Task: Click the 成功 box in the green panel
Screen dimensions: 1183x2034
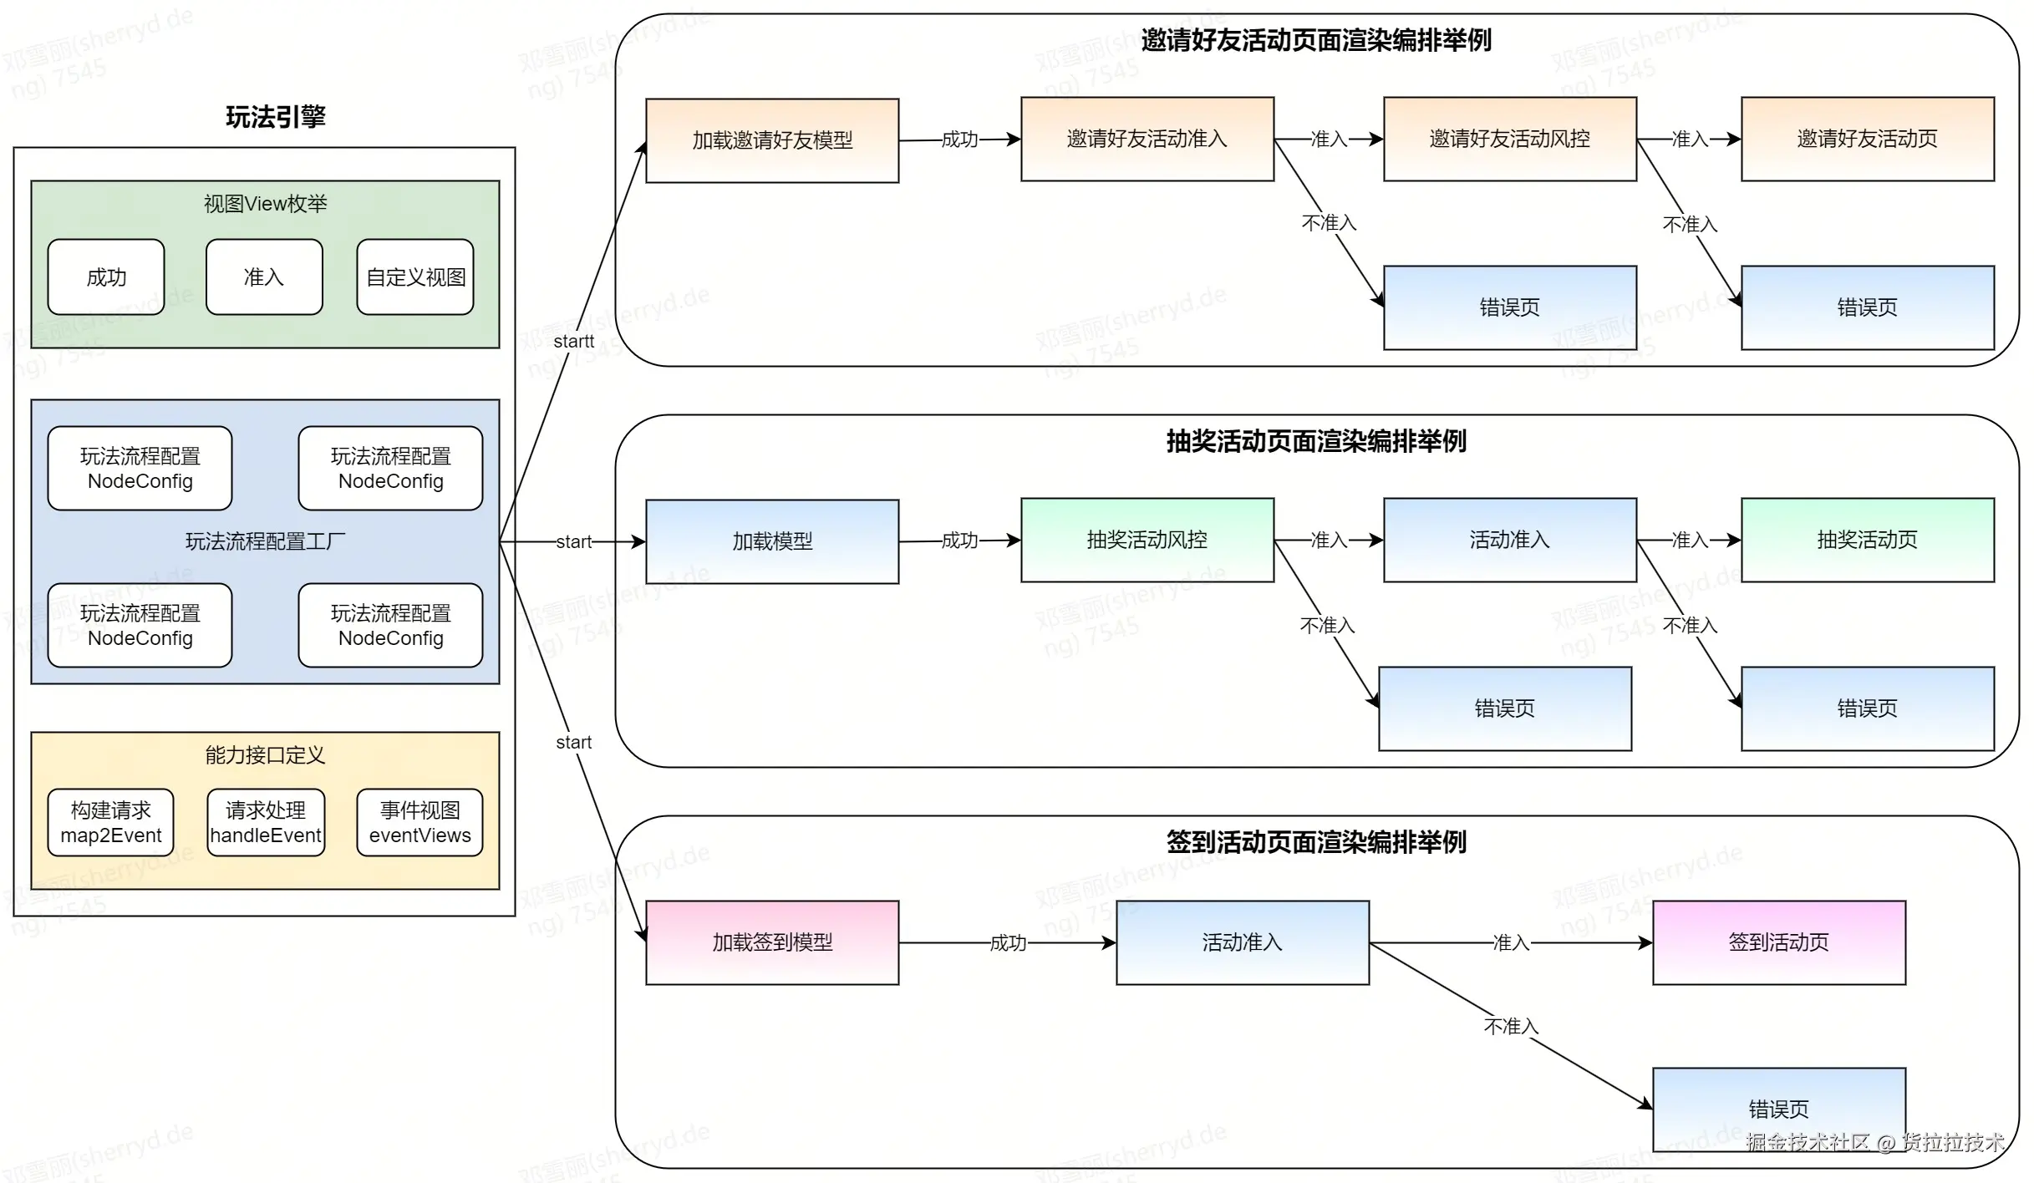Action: [x=106, y=277]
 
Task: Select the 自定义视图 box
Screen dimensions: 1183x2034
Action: [x=415, y=277]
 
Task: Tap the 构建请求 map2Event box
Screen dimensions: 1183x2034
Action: [x=111, y=823]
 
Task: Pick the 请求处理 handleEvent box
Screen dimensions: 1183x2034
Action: [x=266, y=823]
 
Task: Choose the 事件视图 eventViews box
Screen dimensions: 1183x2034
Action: [x=420, y=823]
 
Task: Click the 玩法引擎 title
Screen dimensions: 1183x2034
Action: [x=276, y=117]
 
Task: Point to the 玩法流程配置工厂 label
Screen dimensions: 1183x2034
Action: [x=265, y=541]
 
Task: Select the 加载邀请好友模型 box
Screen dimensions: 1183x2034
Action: [x=772, y=140]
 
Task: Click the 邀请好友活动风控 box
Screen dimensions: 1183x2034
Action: [x=1509, y=139]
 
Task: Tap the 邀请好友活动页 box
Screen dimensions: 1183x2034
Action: [x=1867, y=139]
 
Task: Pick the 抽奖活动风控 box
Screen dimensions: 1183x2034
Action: [x=1147, y=540]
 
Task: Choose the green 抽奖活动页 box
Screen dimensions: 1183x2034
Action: [x=1867, y=540]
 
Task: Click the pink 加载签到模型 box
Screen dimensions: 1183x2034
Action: [x=772, y=942]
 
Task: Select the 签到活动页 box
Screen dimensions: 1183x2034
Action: [x=1778, y=942]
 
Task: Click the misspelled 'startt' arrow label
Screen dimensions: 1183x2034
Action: [x=573, y=341]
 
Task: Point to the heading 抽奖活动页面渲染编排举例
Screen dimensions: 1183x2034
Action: [x=1316, y=441]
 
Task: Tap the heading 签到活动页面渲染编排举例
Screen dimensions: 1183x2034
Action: [x=1316, y=842]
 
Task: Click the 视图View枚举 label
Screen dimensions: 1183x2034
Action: [x=265, y=204]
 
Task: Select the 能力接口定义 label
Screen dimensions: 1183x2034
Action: [x=265, y=755]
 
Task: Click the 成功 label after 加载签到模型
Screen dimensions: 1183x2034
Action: [x=1008, y=943]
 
